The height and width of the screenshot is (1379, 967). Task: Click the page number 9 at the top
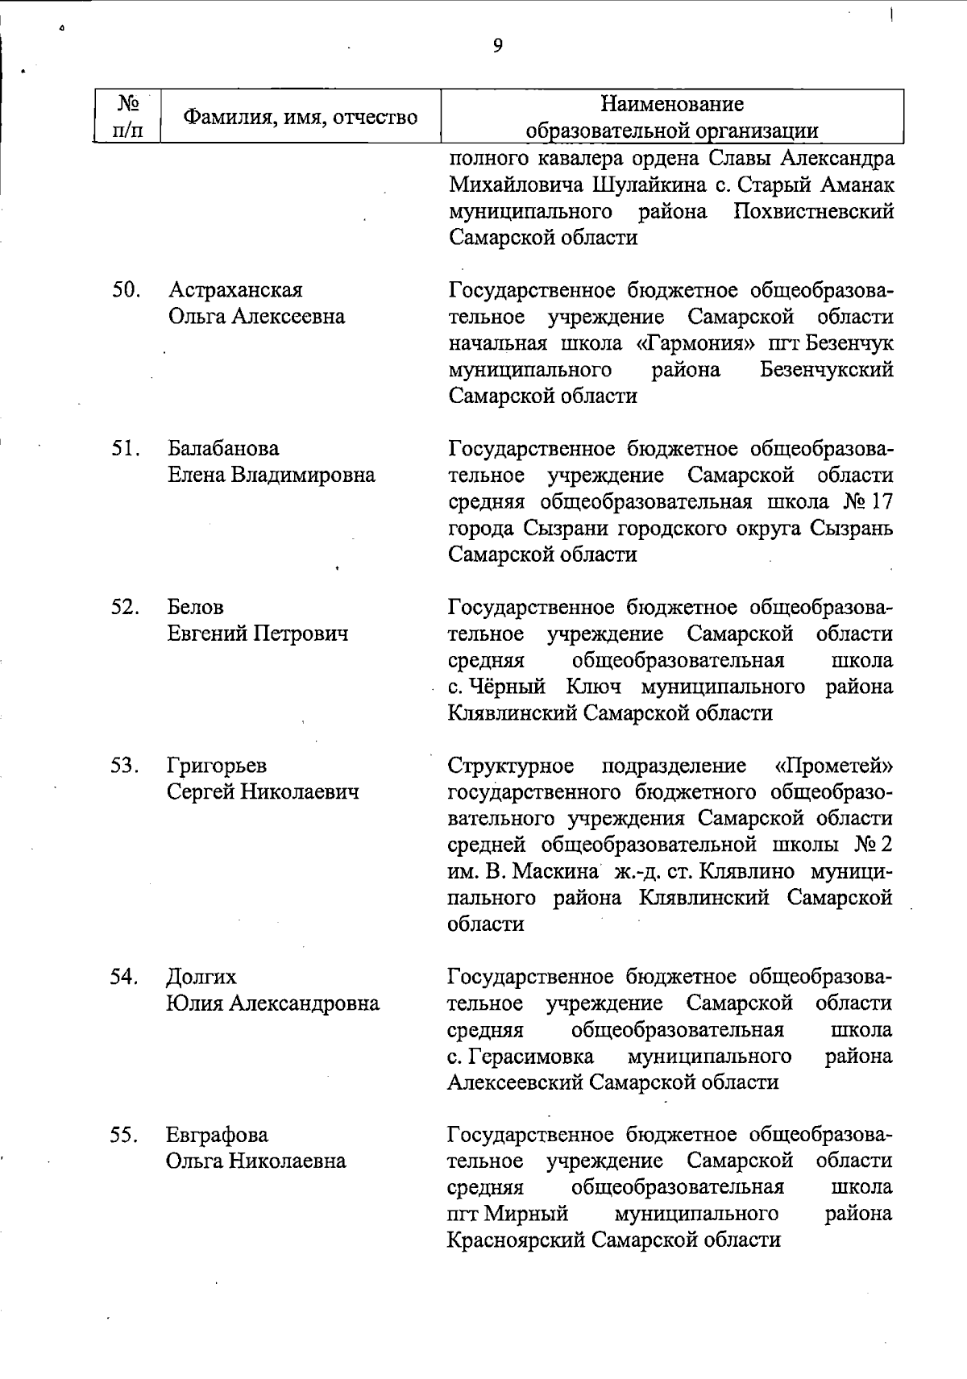tap(497, 46)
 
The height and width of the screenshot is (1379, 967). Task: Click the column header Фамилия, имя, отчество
tap(301, 118)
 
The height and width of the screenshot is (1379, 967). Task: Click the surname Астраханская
tap(235, 290)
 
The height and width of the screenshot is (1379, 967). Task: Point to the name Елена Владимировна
tap(272, 475)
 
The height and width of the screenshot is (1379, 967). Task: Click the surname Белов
tap(196, 607)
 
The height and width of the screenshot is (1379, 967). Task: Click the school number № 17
tap(869, 501)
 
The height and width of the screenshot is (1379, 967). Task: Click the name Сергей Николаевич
tap(263, 791)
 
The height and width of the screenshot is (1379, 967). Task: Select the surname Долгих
tap(201, 977)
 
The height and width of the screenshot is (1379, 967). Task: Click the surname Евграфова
tap(218, 1135)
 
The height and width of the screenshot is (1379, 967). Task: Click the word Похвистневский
tap(814, 211)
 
